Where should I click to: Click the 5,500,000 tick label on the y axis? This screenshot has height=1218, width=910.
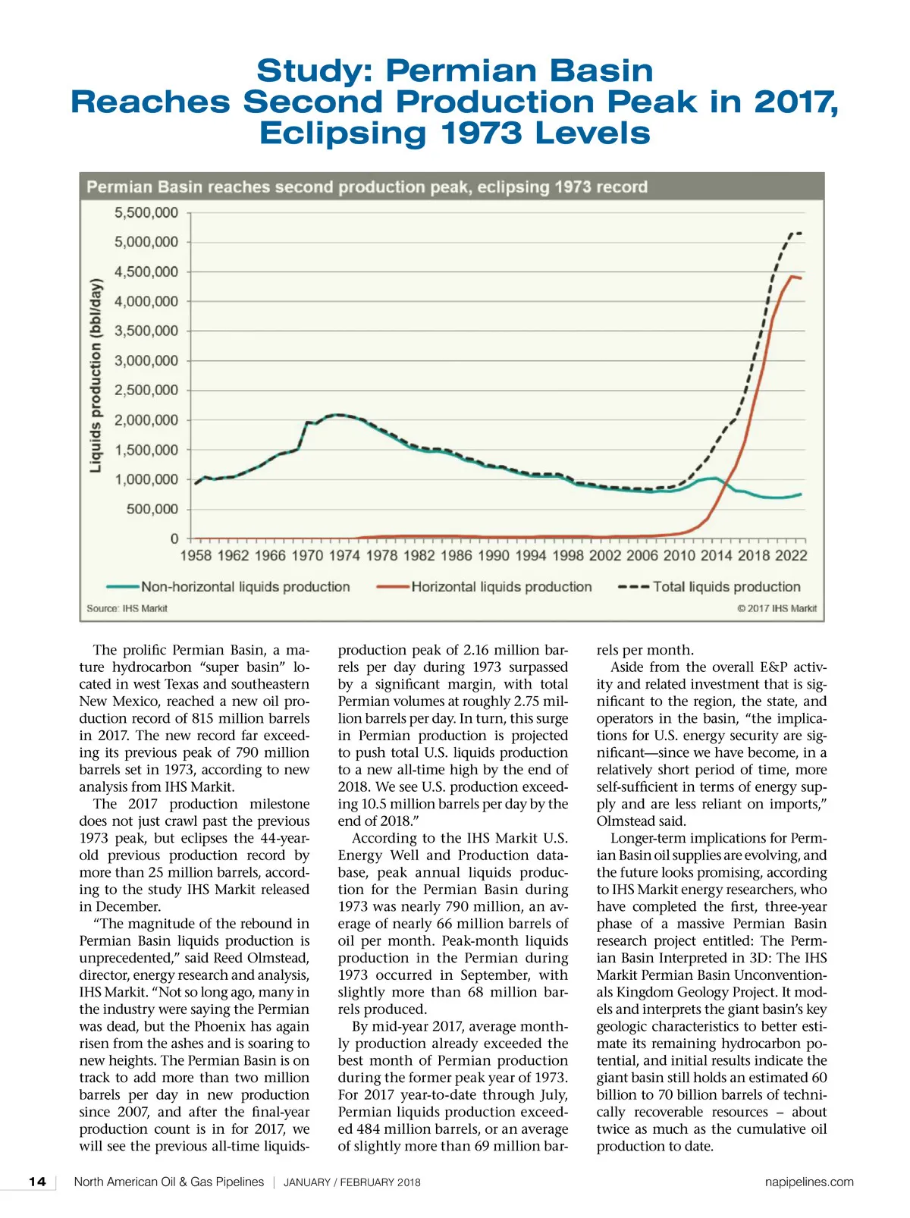click(x=146, y=213)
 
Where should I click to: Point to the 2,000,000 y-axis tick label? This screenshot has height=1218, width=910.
click(x=146, y=420)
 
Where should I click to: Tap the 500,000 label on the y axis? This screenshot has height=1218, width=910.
click(x=152, y=510)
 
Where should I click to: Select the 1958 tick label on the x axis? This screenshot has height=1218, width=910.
click(x=196, y=556)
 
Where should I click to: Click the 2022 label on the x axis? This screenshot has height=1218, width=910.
click(x=791, y=556)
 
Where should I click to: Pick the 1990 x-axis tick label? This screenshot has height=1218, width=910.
click(x=494, y=556)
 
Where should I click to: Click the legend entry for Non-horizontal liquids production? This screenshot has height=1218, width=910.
click(x=245, y=587)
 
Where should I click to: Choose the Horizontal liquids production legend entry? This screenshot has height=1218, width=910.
click(x=501, y=587)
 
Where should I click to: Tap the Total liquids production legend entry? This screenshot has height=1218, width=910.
click(x=726, y=587)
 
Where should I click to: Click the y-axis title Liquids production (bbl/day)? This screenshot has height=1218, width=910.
click(x=96, y=376)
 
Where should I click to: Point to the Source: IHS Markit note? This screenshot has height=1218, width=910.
click(x=127, y=608)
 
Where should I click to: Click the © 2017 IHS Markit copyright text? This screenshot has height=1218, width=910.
click(x=777, y=608)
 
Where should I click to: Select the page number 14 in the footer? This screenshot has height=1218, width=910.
click(x=37, y=1182)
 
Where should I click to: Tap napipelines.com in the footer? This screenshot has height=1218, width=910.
click(x=809, y=1182)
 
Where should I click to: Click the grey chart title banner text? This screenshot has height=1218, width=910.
click(x=367, y=187)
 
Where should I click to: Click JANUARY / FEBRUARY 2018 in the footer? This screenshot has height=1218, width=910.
click(x=352, y=1182)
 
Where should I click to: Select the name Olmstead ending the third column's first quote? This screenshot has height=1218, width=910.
click(x=626, y=821)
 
